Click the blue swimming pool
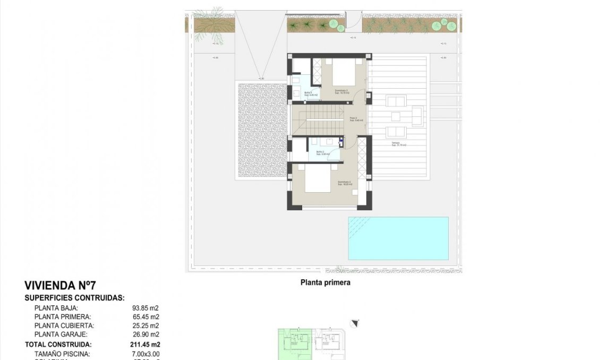click(398, 238)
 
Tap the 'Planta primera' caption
click(325, 283)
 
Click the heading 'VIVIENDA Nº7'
click(61, 286)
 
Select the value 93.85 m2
click(145, 308)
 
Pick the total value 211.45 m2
click(144, 345)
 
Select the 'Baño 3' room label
click(308, 93)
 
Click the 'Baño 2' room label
click(321, 152)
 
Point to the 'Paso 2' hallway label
click(353, 118)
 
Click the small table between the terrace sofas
click(396, 116)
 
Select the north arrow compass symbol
click(355, 323)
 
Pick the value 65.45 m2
click(145, 317)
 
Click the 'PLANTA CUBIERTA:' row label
click(64, 325)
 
